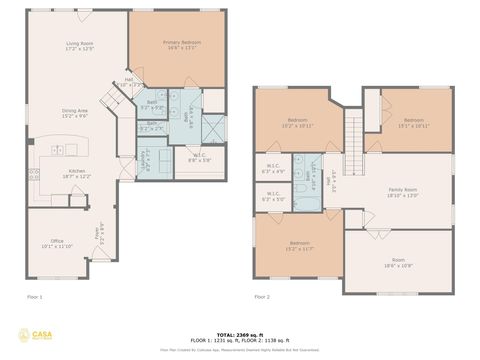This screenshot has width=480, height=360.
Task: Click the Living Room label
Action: (x=80, y=45)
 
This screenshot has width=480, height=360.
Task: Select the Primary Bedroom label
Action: (x=182, y=44)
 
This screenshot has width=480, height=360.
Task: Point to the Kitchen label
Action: (x=76, y=172)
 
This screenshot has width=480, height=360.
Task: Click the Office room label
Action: (x=58, y=243)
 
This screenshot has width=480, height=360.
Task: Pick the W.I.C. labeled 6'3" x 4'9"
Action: (x=272, y=168)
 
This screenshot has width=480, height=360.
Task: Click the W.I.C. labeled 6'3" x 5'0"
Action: (x=272, y=198)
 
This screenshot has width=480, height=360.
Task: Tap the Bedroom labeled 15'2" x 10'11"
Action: (x=297, y=124)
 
